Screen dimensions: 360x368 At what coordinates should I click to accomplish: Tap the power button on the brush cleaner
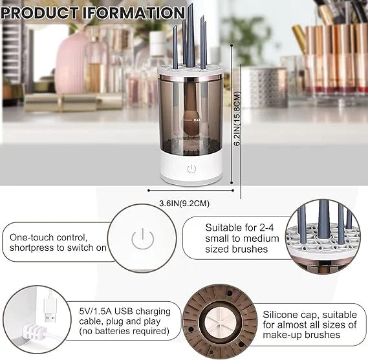pyautogui.click(x=191, y=170)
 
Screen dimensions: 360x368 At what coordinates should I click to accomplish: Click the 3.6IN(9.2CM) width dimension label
pyautogui.click(x=184, y=204)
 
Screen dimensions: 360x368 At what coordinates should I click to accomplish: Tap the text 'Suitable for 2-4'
pyautogui.click(x=238, y=228)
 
